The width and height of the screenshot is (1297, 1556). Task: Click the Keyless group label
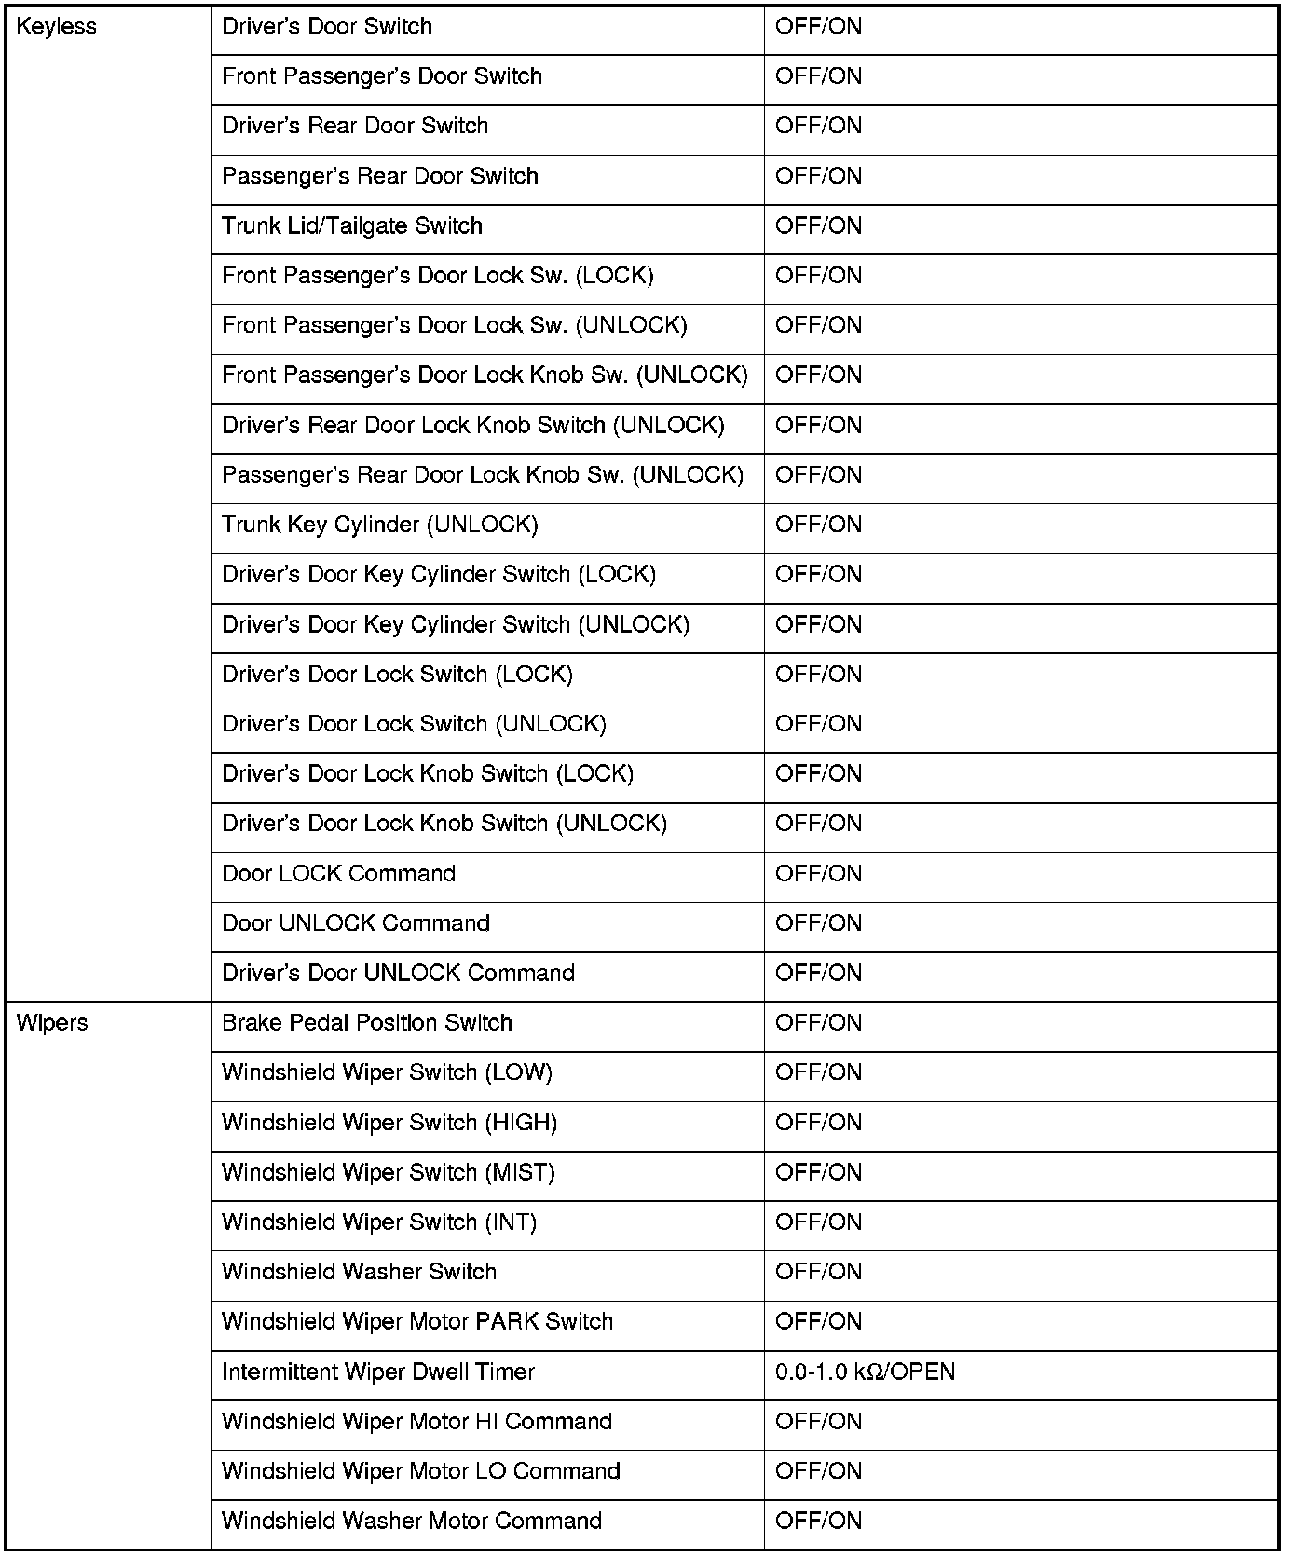click(57, 27)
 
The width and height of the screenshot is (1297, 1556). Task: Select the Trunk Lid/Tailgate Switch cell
click(352, 226)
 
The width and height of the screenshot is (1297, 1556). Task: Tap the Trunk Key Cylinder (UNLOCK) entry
click(380, 525)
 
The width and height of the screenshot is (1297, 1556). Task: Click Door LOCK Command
click(339, 874)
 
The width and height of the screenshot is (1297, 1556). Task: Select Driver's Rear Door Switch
click(355, 126)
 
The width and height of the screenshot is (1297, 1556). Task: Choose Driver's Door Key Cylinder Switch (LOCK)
click(439, 575)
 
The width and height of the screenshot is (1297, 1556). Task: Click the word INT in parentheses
click(512, 1222)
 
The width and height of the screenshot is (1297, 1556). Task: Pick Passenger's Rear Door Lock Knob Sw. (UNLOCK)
click(483, 475)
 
